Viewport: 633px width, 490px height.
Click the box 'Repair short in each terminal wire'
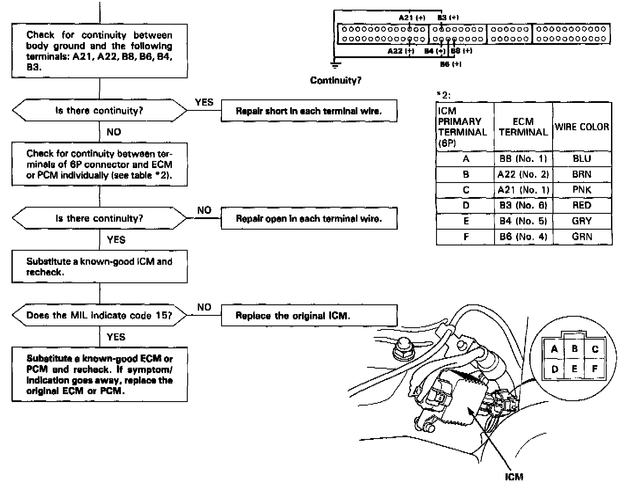[x=309, y=111]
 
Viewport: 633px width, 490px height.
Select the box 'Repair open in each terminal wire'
[x=309, y=219]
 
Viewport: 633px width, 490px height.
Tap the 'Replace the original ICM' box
[x=309, y=316]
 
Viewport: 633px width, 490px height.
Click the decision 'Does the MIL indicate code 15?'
[x=99, y=315]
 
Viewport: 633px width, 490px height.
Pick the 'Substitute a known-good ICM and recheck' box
[x=99, y=267]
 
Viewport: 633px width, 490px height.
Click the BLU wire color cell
[x=582, y=159]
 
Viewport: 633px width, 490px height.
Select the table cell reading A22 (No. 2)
[x=523, y=175]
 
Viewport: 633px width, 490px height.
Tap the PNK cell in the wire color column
[x=582, y=190]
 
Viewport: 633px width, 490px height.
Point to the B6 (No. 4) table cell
[x=523, y=237]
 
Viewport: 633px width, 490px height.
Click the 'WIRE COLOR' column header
[x=582, y=127]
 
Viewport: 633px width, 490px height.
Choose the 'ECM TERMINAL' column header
[x=523, y=127]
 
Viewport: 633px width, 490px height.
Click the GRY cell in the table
[x=582, y=221]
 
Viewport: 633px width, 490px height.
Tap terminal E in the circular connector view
[x=574, y=369]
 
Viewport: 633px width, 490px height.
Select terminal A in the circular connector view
[x=554, y=350]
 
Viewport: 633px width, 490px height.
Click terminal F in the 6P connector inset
[x=595, y=369]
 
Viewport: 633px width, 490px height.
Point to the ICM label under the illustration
[x=514, y=477]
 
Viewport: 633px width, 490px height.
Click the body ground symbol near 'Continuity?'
[x=335, y=66]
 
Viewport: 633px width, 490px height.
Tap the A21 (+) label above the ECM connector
[x=412, y=18]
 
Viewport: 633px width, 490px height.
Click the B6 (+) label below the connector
[x=451, y=64]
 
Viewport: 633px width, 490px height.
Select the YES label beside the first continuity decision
[x=204, y=102]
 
